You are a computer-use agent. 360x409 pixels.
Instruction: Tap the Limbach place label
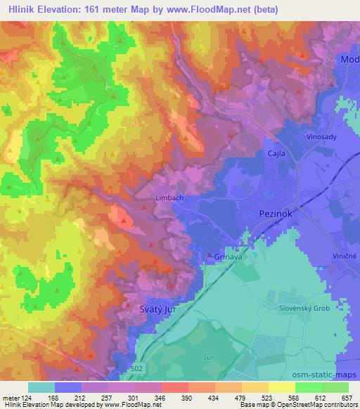169,198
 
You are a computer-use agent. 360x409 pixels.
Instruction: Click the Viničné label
344,257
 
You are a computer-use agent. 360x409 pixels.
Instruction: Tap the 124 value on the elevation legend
27,397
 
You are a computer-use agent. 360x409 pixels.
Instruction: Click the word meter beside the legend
10,397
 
